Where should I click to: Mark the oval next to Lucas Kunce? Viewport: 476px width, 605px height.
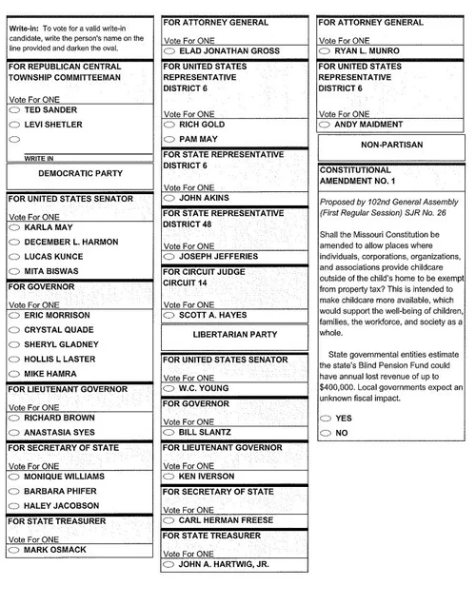pos(14,258)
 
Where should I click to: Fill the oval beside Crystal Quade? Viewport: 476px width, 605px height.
pos(14,330)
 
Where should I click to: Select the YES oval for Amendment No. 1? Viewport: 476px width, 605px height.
pos(327,418)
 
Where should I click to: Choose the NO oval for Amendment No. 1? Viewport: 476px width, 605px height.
pos(327,433)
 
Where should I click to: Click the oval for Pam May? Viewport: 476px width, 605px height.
pos(169,139)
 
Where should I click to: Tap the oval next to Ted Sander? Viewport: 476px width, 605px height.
pos(14,110)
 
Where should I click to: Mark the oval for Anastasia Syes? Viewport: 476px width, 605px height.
pos(14,433)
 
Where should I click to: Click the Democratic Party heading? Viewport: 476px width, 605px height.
pos(80,174)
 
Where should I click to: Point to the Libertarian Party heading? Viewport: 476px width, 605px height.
pos(234,335)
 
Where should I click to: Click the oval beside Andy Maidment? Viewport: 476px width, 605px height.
pos(327,125)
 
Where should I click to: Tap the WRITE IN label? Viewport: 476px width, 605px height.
pos(38,158)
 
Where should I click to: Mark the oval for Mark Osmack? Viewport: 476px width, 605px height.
pos(14,550)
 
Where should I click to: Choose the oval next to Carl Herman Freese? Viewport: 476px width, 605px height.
pos(169,520)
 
